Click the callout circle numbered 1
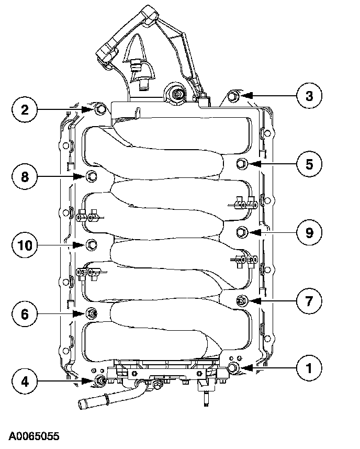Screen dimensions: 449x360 click(309, 368)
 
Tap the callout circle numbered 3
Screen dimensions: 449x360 click(309, 95)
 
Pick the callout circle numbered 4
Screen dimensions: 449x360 click(25, 381)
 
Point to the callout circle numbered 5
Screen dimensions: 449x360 click(309, 164)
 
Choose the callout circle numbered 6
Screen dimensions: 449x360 click(25, 313)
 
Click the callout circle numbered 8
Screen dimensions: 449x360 click(25, 177)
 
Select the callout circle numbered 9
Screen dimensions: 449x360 click(309, 232)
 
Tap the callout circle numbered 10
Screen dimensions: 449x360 click(25, 244)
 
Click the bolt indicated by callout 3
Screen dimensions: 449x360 click(234, 96)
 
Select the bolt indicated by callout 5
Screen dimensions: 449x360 click(242, 163)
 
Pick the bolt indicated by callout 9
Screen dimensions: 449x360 click(242, 232)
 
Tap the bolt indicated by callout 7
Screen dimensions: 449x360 click(242, 300)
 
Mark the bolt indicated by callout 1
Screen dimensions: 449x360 click(233, 368)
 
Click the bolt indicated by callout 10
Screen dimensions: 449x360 click(91, 244)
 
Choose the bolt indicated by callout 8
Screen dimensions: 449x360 click(91, 176)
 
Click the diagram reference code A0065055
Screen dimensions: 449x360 click(33, 436)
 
